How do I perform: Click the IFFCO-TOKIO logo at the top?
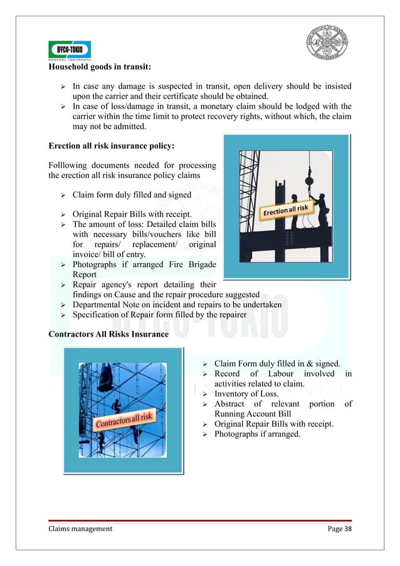70,50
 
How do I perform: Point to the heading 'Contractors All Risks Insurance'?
108,334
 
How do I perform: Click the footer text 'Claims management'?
80,528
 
